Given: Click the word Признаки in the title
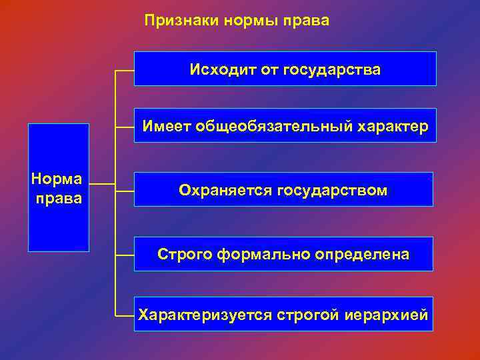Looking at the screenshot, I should [x=175, y=21].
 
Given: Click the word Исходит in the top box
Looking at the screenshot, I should [x=217, y=69].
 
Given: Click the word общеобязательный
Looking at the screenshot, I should [x=271, y=126].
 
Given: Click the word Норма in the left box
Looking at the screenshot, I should [x=57, y=179].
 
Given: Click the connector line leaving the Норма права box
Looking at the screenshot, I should [x=101, y=185].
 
